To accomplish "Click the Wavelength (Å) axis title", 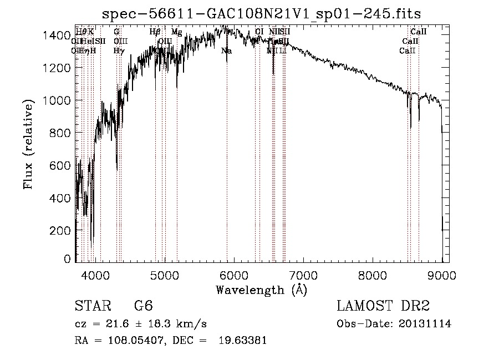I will point(262,290).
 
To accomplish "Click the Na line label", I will point(226,51).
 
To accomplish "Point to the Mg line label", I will point(176,32).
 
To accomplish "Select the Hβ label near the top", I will point(155,32).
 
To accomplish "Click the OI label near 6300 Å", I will point(259,32).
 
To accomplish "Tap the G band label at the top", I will point(116,32).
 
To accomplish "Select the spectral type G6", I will point(143,306).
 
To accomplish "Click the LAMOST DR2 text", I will point(383,306).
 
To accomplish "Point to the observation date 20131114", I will point(427,324).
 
